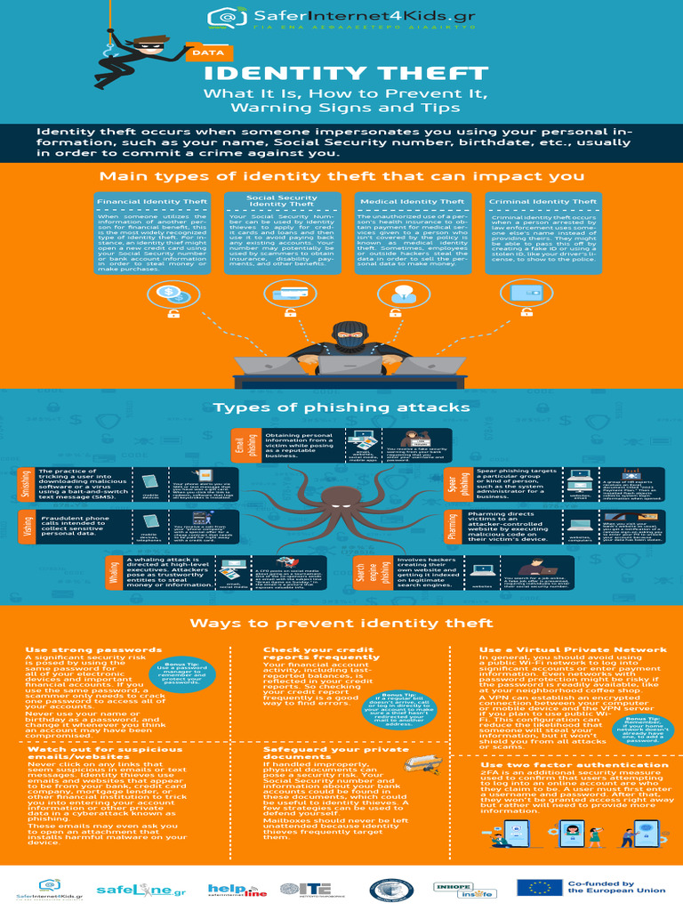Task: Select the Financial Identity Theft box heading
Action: point(152,202)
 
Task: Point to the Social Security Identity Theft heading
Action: point(281,201)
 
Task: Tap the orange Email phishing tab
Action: point(239,445)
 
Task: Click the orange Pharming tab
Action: point(452,526)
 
